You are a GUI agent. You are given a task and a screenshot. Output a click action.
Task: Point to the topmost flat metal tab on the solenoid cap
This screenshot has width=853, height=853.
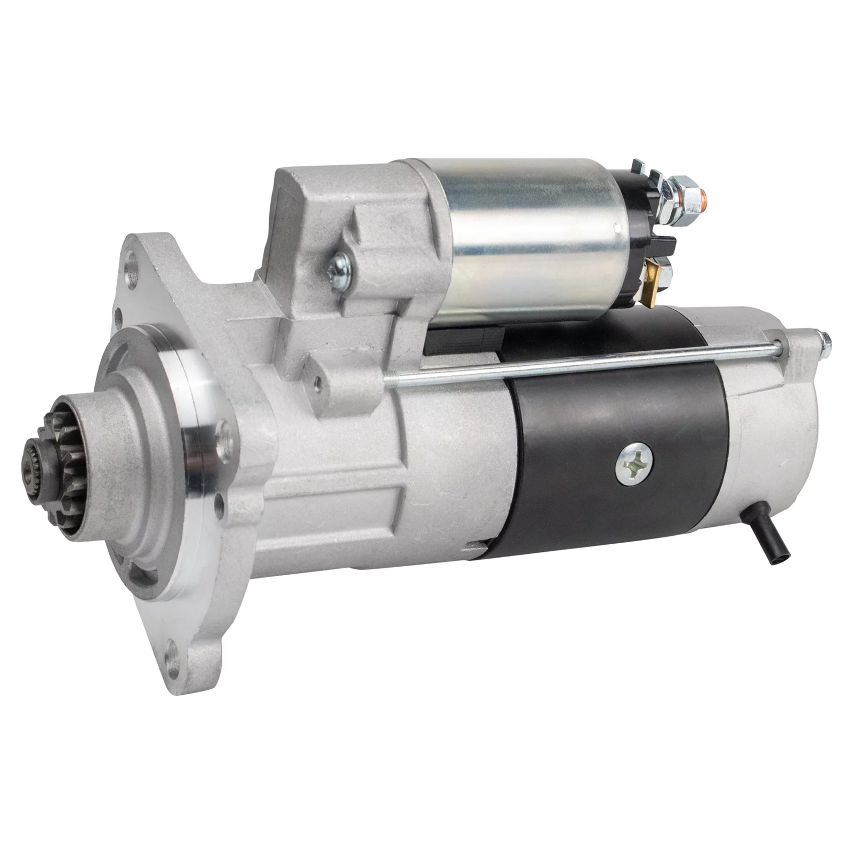(x=639, y=167)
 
